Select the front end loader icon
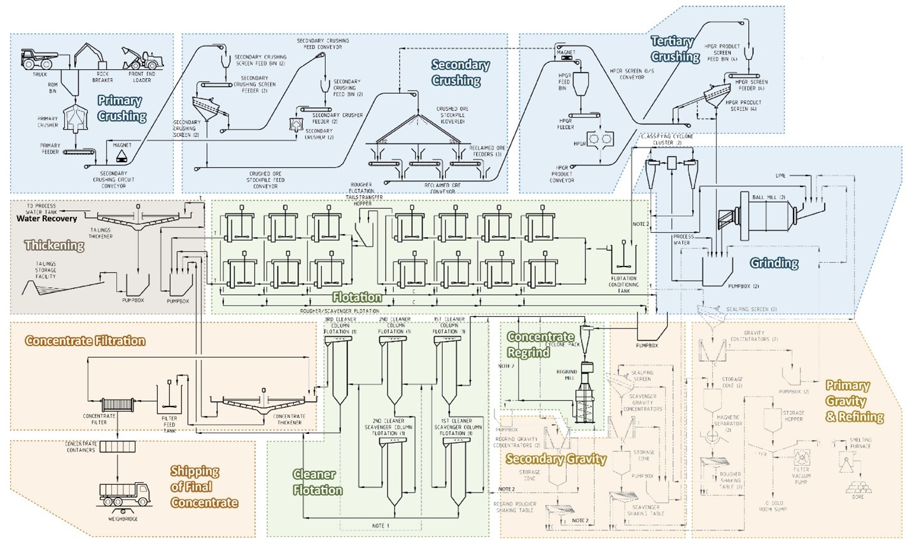[x=143, y=59]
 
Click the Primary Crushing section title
[x=121, y=108]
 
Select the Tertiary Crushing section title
[x=674, y=49]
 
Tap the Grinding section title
[x=773, y=263]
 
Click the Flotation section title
[x=357, y=297]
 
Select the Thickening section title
[x=54, y=246]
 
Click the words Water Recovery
[x=46, y=219]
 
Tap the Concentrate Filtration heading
[x=85, y=341]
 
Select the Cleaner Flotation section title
[x=317, y=482]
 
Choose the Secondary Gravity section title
[x=556, y=459]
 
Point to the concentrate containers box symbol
[x=117, y=447]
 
